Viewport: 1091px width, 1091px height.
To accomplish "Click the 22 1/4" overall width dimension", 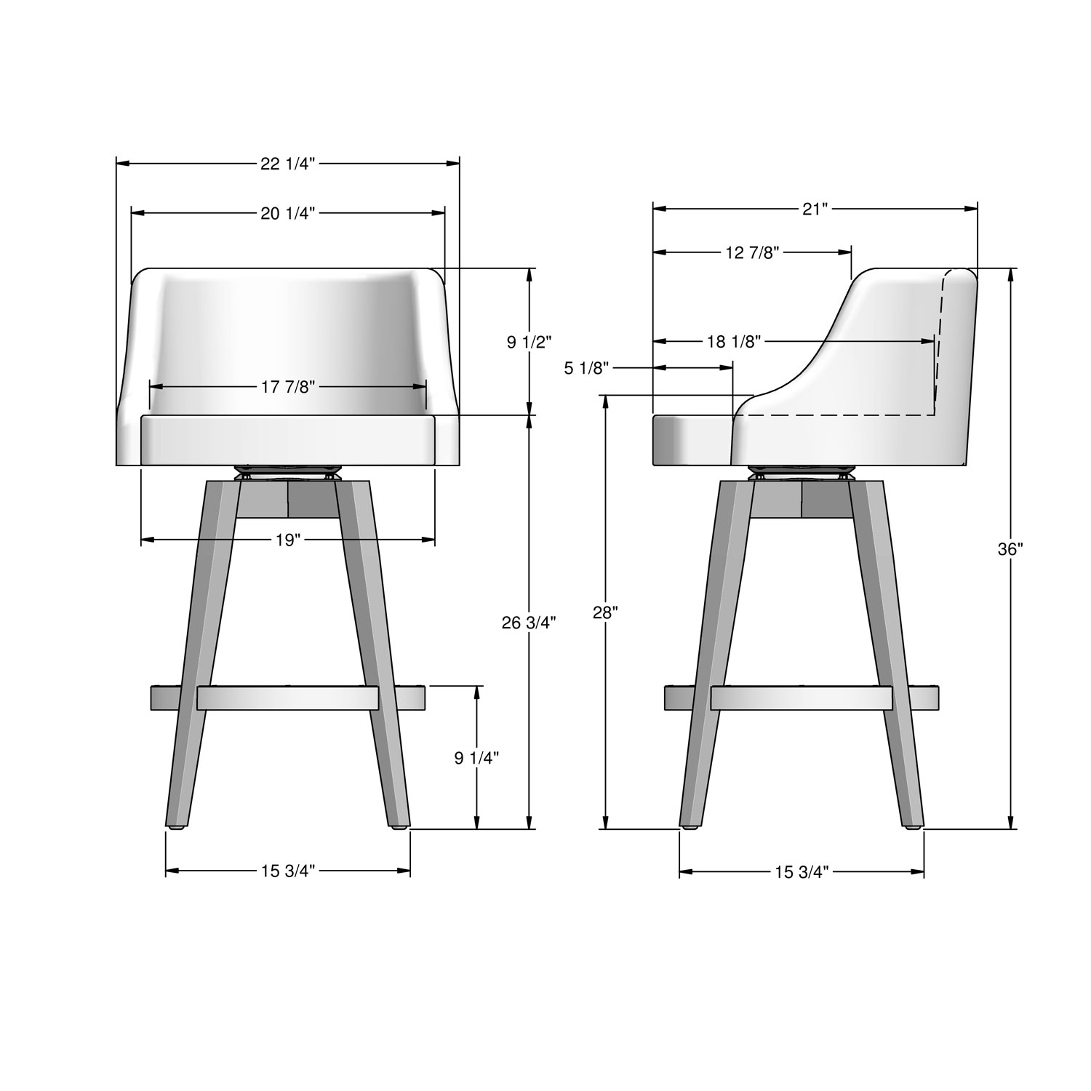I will [288, 164].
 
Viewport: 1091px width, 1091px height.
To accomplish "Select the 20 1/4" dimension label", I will [288, 213].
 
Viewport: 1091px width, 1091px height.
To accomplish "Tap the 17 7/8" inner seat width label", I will [288, 387].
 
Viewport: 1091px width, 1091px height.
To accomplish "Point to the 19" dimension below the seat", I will [288, 540].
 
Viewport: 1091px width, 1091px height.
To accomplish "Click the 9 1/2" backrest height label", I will [529, 342].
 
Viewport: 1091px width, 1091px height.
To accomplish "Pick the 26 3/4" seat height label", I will [529, 623].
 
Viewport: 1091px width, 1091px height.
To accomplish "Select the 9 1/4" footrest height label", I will [476, 758].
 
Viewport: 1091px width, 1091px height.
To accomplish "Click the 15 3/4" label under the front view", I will [288, 871].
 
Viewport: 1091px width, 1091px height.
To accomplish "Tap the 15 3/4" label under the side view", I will [802, 872].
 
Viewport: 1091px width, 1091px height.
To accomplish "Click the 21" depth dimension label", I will [815, 209].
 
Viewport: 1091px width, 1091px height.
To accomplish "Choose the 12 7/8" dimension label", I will [752, 252].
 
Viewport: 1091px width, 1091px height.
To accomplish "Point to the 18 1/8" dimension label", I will [734, 341].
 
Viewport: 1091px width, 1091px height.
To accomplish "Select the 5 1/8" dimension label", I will [586, 369].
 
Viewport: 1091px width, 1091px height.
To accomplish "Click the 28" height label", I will [605, 612].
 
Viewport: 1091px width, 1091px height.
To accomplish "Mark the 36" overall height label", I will [1010, 550].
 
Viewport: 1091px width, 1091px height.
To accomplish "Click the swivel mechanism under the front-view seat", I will [288, 471].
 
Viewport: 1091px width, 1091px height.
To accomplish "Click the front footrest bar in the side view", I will [802, 698].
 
